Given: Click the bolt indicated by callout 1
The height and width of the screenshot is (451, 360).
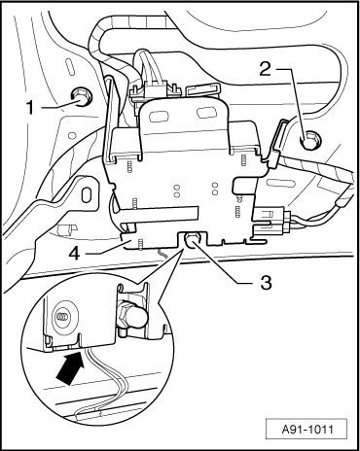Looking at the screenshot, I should tap(80, 95).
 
